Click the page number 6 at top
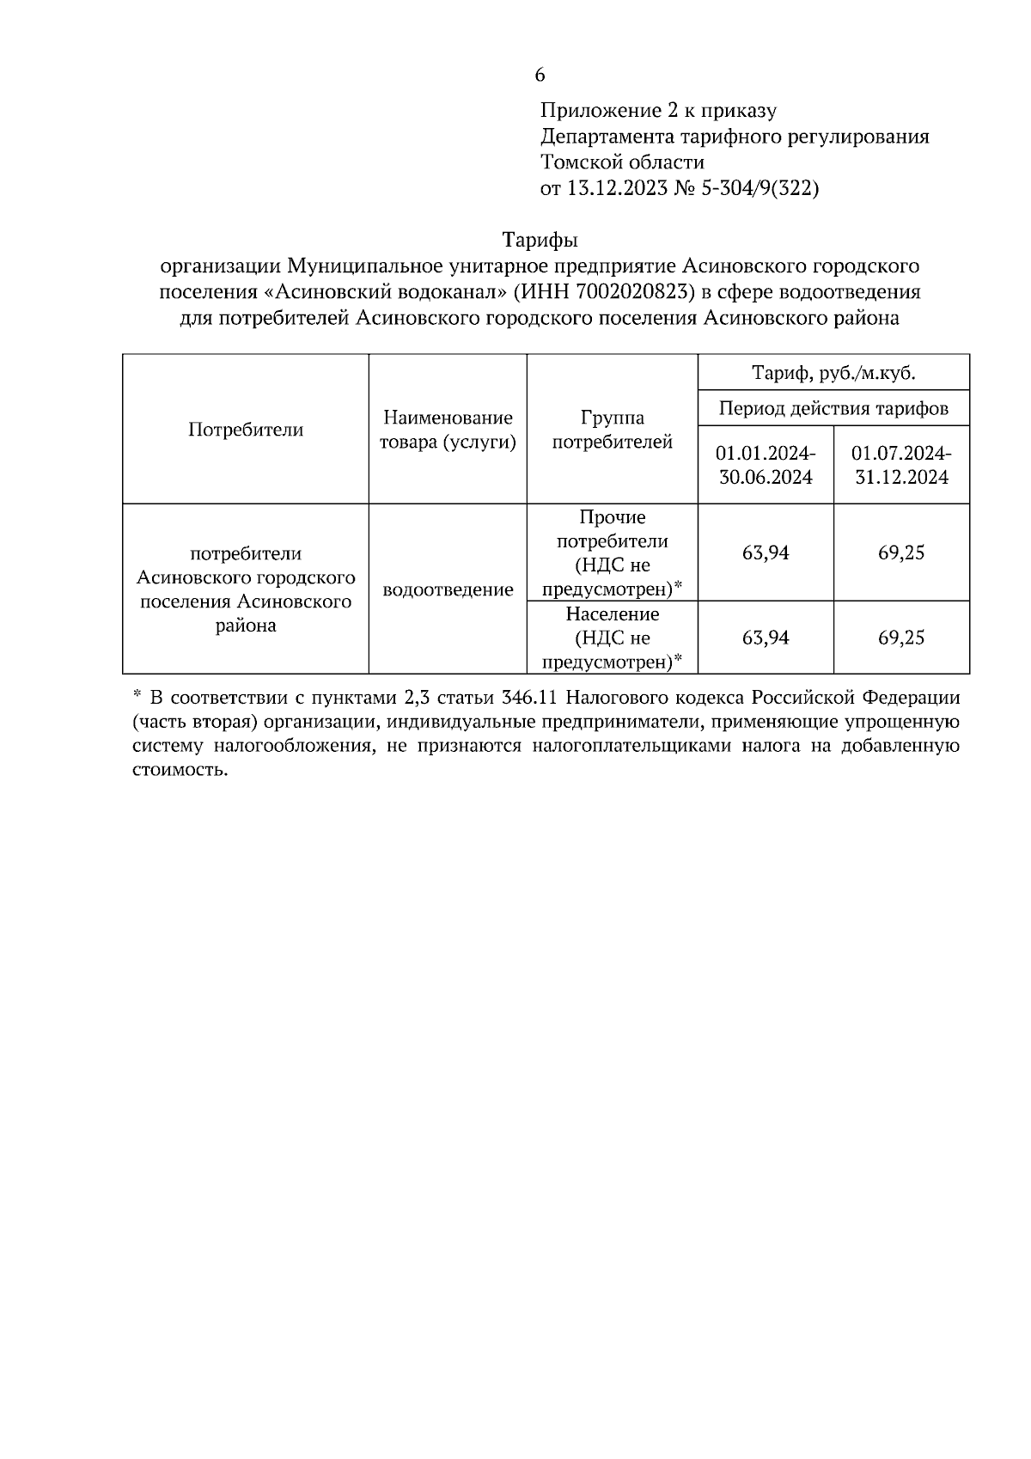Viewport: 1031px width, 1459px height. (x=540, y=76)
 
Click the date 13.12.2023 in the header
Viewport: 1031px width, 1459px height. (x=615, y=188)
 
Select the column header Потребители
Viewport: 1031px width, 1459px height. (x=246, y=430)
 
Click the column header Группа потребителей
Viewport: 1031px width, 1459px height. (x=612, y=430)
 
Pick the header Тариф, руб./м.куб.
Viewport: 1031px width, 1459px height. (x=833, y=373)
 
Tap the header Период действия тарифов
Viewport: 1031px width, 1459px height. (x=833, y=408)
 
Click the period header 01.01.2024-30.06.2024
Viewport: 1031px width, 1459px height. (x=766, y=465)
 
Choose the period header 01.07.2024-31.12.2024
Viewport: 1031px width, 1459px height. (x=901, y=465)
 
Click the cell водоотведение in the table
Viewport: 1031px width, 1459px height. (x=448, y=589)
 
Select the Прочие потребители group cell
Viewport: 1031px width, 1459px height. (x=612, y=552)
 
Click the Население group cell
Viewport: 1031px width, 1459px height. (x=612, y=638)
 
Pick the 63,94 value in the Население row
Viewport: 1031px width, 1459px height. (x=766, y=638)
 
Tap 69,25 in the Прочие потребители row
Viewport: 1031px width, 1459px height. (x=901, y=552)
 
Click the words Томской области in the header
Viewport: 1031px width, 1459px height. (x=622, y=162)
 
